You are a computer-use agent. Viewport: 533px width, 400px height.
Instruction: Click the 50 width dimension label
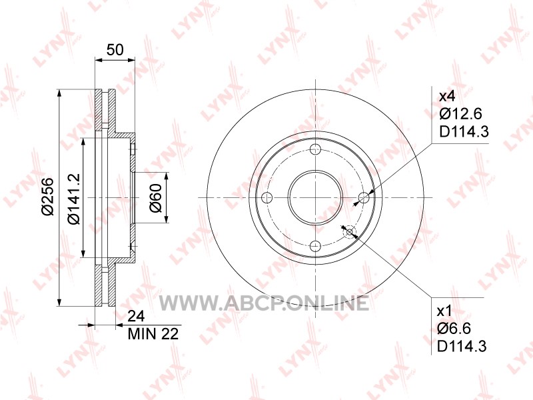click(x=115, y=50)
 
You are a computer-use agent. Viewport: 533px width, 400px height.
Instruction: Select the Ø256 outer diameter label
click(x=48, y=196)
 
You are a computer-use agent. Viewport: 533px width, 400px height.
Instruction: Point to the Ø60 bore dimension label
click(x=156, y=198)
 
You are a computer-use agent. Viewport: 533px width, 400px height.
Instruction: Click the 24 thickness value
click(x=136, y=316)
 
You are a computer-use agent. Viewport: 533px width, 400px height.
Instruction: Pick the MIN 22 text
click(x=153, y=334)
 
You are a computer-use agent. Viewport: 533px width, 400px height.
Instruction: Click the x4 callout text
click(x=447, y=97)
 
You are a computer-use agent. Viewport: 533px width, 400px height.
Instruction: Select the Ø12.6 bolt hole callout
click(x=460, y=113)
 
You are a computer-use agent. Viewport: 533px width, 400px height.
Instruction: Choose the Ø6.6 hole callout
click(x=454, y=328)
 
